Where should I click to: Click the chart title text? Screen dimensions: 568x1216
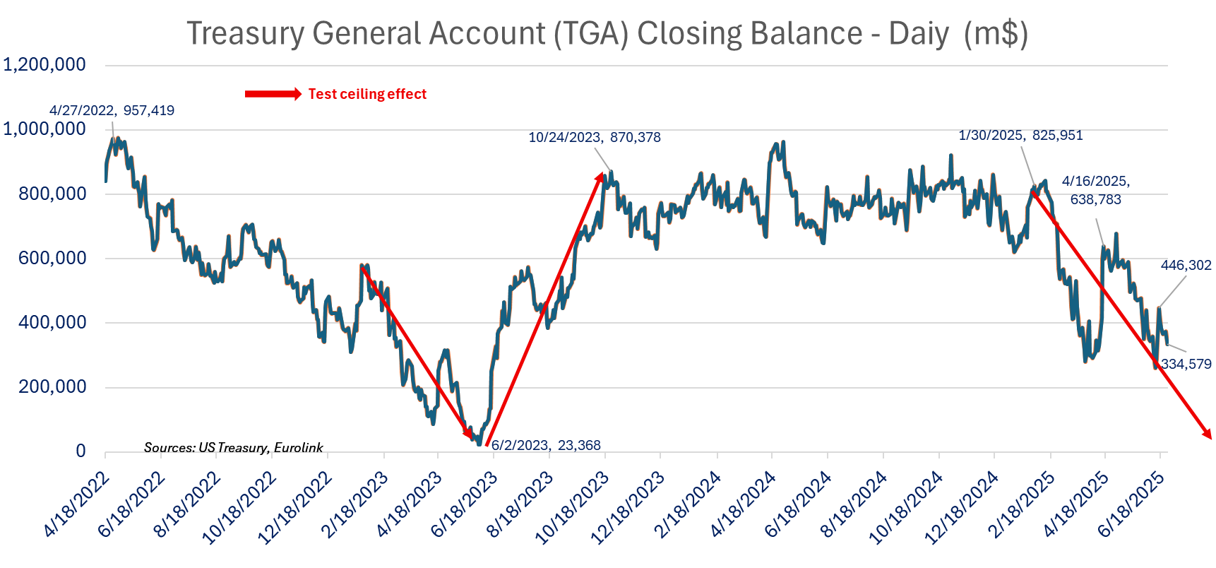click(x=607, y=33)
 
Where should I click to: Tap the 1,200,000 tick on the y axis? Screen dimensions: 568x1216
click(x=44, y=65)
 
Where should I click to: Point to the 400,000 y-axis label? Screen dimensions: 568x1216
click(x=53, y=323)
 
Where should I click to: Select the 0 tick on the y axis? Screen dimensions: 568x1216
click(x=81, y=451)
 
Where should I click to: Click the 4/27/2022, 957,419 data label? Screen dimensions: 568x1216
click(x=112, y=110)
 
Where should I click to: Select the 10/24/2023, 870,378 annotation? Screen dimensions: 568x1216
click(x=595, y=137)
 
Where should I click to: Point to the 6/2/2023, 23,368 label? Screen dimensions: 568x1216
click(x=546, y=445)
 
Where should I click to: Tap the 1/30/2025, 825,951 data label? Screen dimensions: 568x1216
click(x=1020, y=135)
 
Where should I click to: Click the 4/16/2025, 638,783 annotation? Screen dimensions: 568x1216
click(x=1096, y=190)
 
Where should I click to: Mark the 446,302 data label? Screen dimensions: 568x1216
click(x=1186, y=265)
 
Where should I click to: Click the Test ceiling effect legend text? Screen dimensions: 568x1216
click(x=367, y=94)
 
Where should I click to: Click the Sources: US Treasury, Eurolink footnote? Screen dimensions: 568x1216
click(x=233, y=447)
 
